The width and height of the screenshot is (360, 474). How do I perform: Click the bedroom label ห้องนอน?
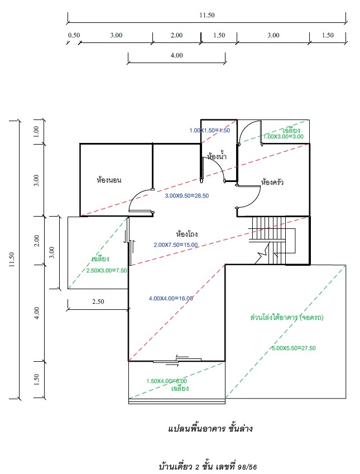tap(109, 180)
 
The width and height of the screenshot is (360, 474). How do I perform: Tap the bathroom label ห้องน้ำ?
tap(217, 157)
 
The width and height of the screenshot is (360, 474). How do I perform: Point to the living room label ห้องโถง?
tap(187, 234)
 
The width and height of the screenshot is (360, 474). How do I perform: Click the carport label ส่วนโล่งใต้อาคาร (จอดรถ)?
tap(287, 318)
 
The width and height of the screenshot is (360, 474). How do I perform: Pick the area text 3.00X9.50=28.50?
tap(186, 196)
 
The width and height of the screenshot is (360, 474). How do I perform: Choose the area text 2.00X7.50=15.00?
tap(175, 245)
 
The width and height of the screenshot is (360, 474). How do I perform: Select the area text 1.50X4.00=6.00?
tap(166, 381)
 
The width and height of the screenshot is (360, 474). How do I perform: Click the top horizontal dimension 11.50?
tap(207, 15)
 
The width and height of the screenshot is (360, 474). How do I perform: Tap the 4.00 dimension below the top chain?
tap(176, 55)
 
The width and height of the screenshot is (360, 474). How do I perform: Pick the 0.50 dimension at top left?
tap(74, 35)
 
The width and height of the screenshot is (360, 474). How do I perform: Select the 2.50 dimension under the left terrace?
tap(98, 301)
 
